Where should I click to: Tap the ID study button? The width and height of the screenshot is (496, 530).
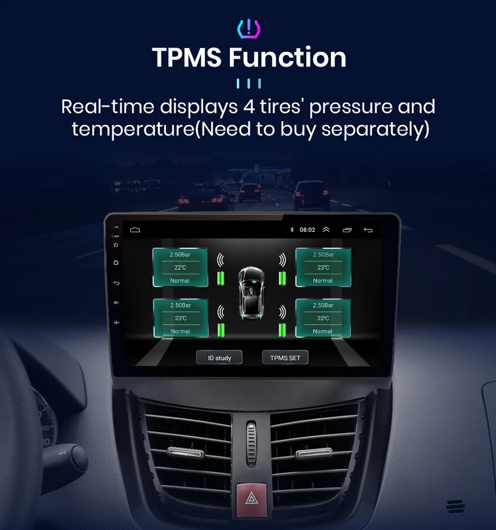pos(219,357)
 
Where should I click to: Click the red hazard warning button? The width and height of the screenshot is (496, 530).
pos(251,499)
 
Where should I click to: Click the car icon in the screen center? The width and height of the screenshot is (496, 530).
pos(251,293)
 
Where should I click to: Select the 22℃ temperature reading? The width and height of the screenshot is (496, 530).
pos(180,267)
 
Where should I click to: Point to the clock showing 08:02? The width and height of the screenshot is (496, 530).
pos(307,230)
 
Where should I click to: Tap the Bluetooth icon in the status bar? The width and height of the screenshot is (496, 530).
pos(292,230)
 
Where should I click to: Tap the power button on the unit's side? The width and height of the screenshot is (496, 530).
pos(116,245)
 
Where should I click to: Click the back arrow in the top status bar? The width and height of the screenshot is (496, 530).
pos(368,230)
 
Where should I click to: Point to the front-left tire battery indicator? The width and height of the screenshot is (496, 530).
pos(221,278)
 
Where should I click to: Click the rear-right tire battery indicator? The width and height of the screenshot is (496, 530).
pos(282,330)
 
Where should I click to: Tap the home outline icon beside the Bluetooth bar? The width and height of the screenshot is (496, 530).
pos(135,230)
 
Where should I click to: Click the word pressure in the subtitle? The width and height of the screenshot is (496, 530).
pos(351,107)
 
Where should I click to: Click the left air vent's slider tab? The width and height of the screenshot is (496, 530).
pos(185,453)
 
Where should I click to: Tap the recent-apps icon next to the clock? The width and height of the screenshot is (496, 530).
pos(347,230)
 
